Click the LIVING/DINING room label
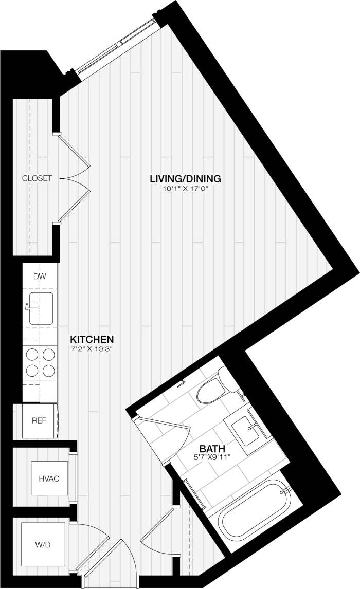tap(185, 179)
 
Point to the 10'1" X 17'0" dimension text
tap(185, 189)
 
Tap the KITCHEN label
tap(92, 339)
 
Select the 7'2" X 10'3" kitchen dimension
tap(92, 349)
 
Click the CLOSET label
tap(37, 178)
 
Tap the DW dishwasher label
tap(40, 277)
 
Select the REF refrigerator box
tap(39, 420)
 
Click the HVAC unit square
tap(49, 478)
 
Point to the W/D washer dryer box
tap(43, 544)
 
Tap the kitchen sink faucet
tap(27, 307)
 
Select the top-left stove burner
tap(32, 354)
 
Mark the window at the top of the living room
tap(116, 45)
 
